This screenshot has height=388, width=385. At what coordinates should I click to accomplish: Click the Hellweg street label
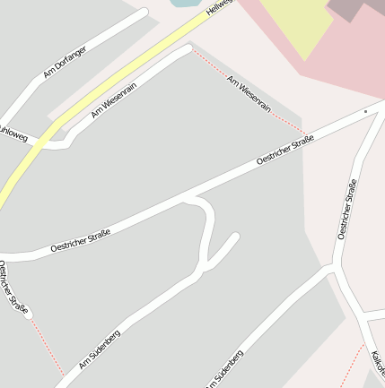click(x=219, y=8)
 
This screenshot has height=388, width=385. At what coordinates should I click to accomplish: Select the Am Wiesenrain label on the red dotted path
click(x=249, y=93)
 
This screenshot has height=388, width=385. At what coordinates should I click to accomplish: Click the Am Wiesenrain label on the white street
click(x=113, y=100)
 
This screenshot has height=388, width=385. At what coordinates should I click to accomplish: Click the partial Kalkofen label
click(x=378, y=362)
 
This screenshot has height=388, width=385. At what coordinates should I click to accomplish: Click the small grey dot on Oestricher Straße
click(x=365, y=111)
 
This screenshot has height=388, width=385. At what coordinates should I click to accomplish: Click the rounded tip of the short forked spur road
click(x=235, y=237)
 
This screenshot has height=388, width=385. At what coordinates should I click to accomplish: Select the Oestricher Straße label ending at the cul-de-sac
click(x=14, y=287)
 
